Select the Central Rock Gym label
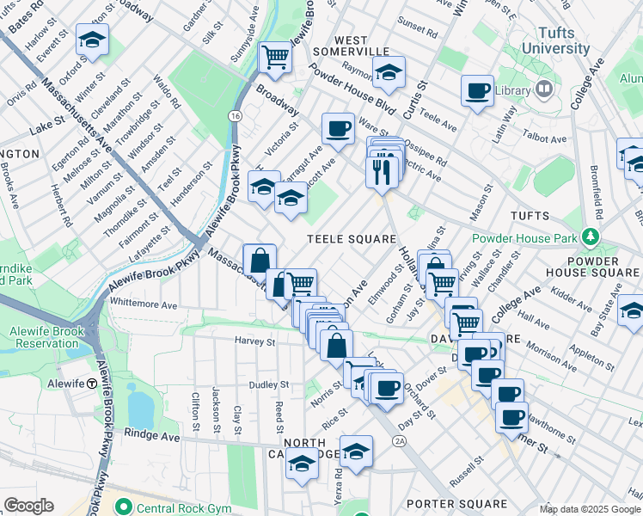coord(176,507)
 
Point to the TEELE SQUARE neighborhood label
coord(352,239)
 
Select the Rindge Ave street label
coord(152,437)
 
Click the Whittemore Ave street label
coord(144,304)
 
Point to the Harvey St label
coord(254,341)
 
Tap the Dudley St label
coord(269,385)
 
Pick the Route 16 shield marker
coord(234,114)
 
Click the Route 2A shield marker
coord(399,441)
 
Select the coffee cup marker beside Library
coord(477,90)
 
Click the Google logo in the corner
coord(28,506)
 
